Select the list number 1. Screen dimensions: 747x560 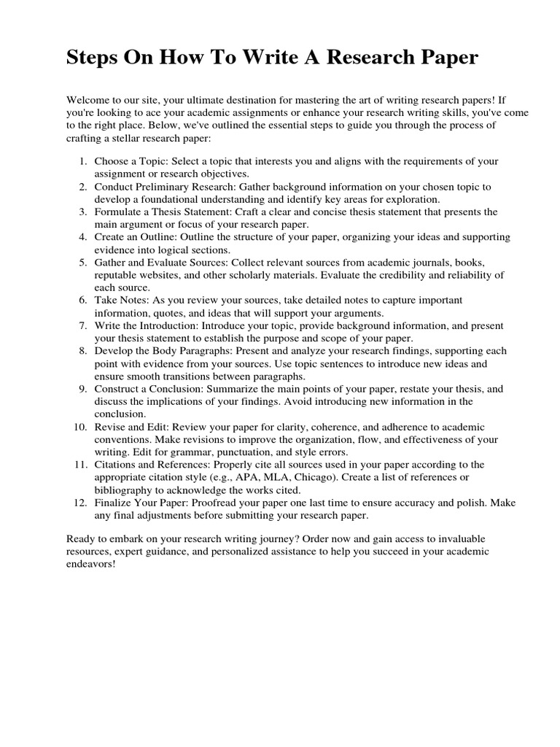83,161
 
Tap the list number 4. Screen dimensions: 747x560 83,238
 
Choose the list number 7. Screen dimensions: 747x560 83,325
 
